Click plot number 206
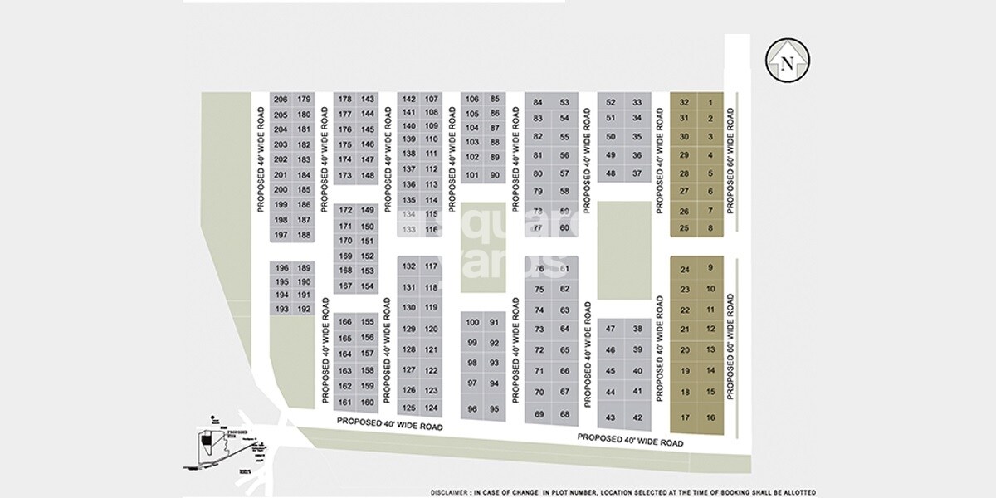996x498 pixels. (280, 100)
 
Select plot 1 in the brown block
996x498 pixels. (710, 102)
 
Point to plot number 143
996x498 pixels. (368, 99)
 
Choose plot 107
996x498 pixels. (431, 99)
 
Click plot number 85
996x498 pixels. (496, 99)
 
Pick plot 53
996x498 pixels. (565, 103)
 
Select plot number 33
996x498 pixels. (637, 103)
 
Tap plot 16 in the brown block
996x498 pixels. (710, 417)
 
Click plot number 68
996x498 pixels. (565, 414)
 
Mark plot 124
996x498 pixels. (431, 408)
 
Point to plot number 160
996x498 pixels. (368, 403)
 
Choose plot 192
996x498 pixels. (304, 309)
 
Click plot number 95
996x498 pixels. (496, 408)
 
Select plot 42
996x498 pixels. (637, 417)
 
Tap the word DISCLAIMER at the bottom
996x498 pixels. (450, 491)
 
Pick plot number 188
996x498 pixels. (304, 235)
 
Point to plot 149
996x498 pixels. (368, 210)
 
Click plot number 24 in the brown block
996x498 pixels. (685, 270)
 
